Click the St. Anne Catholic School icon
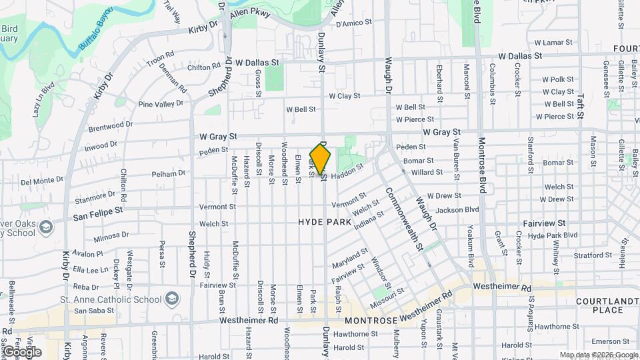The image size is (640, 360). coord(172,295)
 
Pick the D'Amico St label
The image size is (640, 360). coord(353,24)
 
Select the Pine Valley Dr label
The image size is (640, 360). coord(160,104)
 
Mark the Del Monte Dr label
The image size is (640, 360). coord(42,181)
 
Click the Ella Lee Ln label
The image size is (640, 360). coord(90,270)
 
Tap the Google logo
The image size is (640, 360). coord(21,351)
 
